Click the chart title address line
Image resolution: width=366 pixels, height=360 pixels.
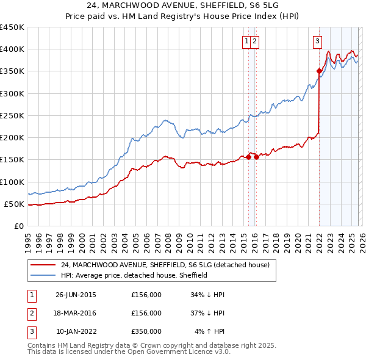pos(183,6)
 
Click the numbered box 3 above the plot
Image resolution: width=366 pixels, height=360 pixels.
pos(318,41)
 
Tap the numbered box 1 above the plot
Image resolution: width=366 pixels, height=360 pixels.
pos(246,41)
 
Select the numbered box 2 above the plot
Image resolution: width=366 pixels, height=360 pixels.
pos(254,41)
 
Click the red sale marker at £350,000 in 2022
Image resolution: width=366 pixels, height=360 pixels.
pos(319,71)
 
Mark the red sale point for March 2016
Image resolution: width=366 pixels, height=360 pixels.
pos(256,157)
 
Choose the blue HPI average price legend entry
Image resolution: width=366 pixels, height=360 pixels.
pos(134,275)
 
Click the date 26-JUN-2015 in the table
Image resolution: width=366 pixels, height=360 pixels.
pos(76,295)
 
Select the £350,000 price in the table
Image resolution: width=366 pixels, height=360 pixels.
pos(146,331)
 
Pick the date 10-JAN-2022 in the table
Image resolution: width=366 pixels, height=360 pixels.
pos(76,331)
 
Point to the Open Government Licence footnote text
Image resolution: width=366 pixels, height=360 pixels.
pos(129,352)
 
